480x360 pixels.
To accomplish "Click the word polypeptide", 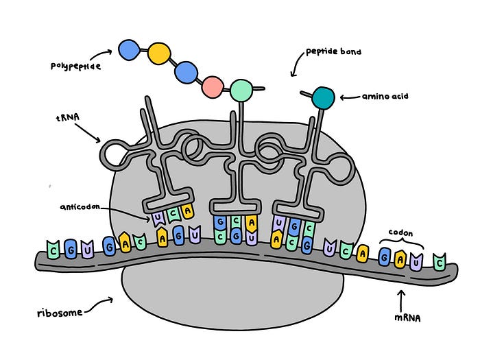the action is tap(75, 66).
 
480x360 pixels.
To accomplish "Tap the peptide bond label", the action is tap(333, 51).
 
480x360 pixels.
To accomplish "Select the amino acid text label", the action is tap(385, 97).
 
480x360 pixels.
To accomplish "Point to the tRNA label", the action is tap(68, 117).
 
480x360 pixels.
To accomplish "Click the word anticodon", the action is tap(80, 207).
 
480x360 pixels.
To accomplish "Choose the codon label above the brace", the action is tap(400, 233).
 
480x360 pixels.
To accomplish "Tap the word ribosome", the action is tap(60, 313).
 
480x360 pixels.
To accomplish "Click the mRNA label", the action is tap(407, 318).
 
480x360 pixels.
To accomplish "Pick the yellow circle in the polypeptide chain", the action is tap(159, 53).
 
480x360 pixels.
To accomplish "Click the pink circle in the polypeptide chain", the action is tap(212, 87).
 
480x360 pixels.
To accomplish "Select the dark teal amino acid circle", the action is tap(323, 98).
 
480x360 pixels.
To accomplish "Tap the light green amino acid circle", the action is tap(241, 91).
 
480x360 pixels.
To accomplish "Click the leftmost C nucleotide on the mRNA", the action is tap(53, 250).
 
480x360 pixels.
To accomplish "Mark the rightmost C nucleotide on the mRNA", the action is tap(440, 262).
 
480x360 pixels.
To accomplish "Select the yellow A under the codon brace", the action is tap(400, 259).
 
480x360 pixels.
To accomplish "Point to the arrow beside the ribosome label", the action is tap(99, 304).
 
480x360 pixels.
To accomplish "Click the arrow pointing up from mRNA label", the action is tap(402, 301).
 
